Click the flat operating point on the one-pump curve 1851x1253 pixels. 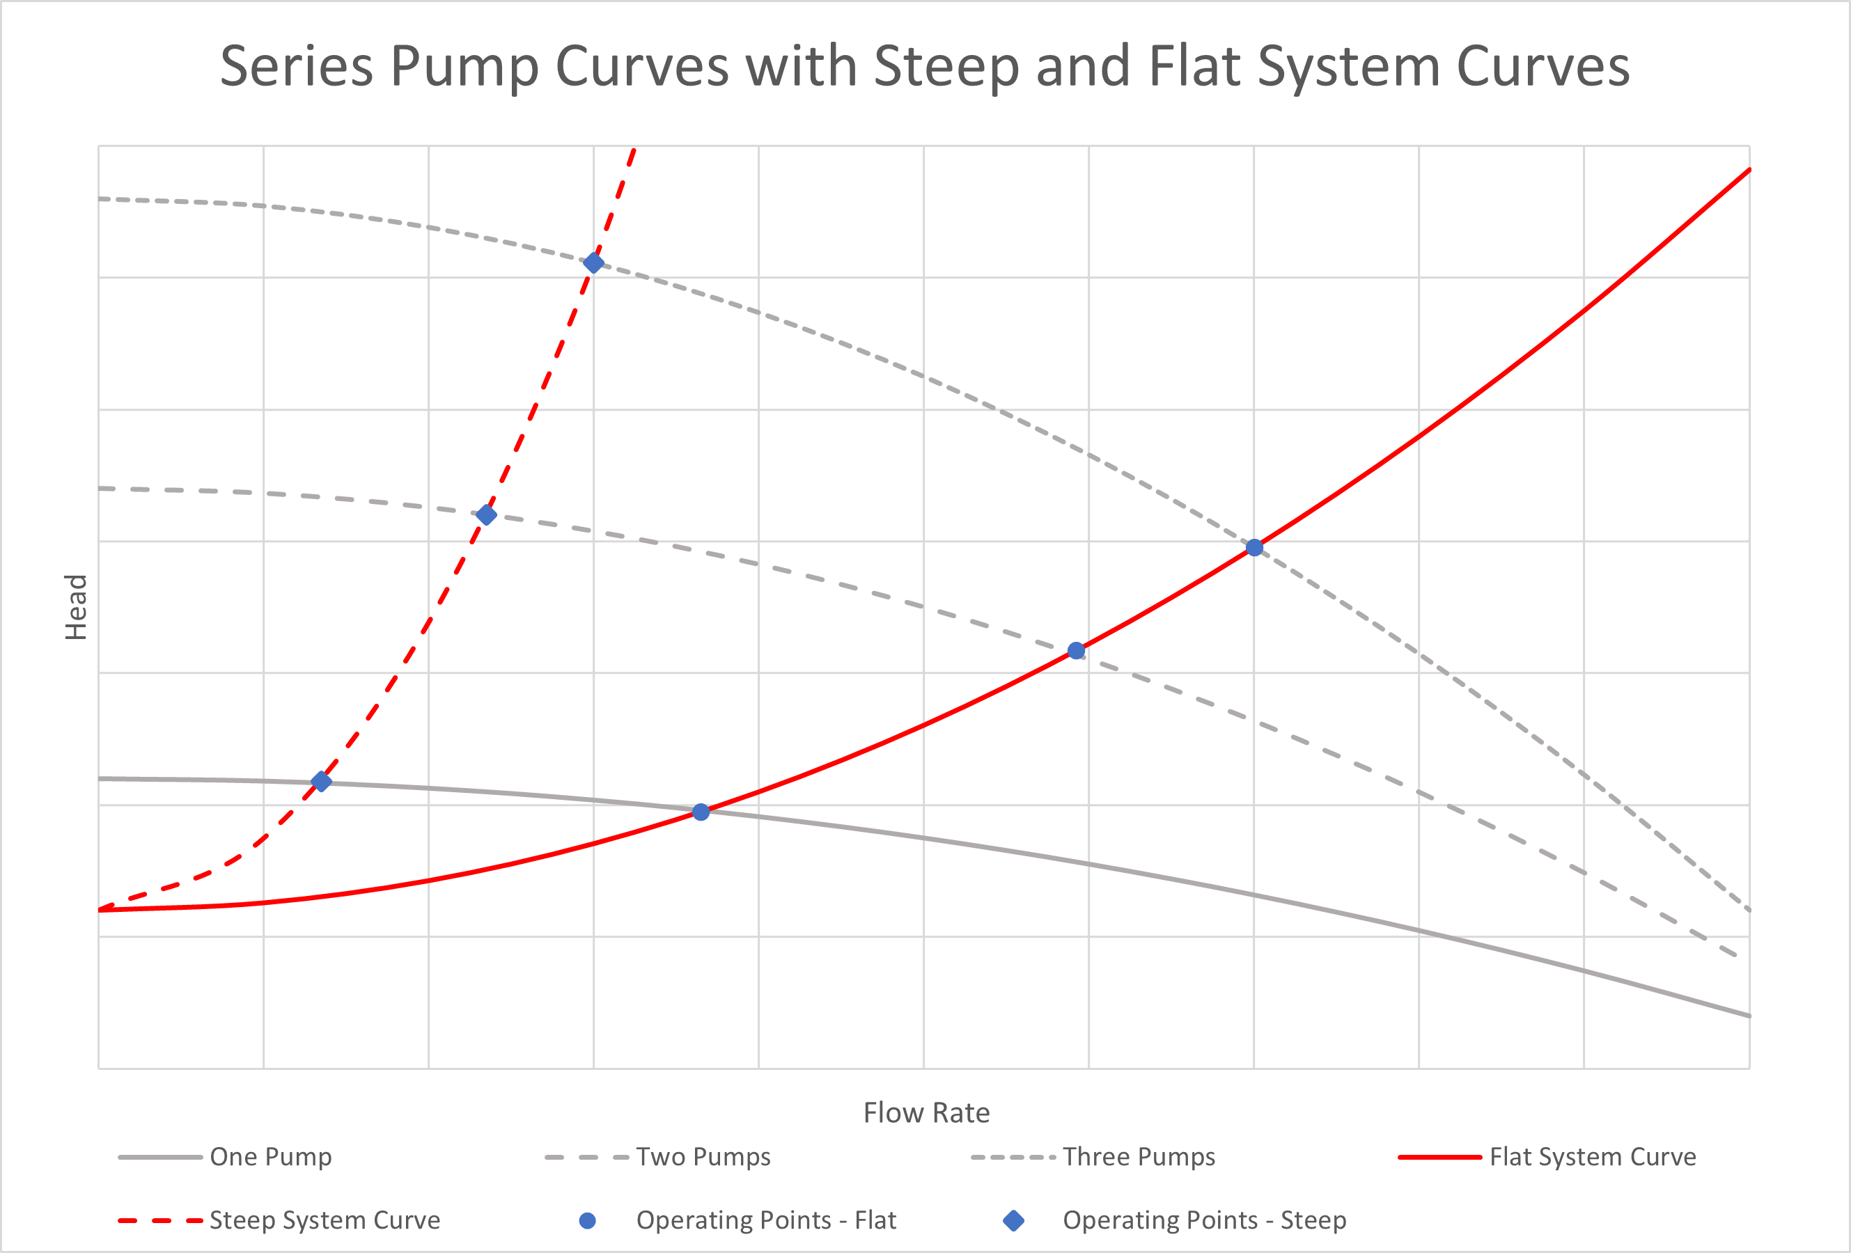701,812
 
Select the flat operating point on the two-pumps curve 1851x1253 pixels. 1076,651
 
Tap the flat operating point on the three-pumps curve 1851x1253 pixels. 1254,548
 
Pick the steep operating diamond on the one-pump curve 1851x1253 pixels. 321,782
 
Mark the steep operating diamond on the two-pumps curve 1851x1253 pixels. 486,515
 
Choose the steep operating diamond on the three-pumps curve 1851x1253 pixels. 593,262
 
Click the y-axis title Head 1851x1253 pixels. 76,608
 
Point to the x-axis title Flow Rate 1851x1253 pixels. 926,1113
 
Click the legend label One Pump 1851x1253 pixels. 271,1157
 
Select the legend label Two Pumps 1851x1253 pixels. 703,1157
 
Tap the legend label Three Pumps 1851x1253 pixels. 1139,1157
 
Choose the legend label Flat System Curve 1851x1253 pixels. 1593,1157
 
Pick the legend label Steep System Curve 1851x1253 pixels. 325,1220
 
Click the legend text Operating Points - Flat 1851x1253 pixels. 766,1220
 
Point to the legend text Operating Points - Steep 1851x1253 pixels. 1204,1220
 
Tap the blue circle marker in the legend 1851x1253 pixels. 588,1220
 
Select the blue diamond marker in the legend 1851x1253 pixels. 1014,1220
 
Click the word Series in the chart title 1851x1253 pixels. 296,66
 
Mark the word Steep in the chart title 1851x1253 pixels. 946,66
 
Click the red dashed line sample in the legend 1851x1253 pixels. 160,1220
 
